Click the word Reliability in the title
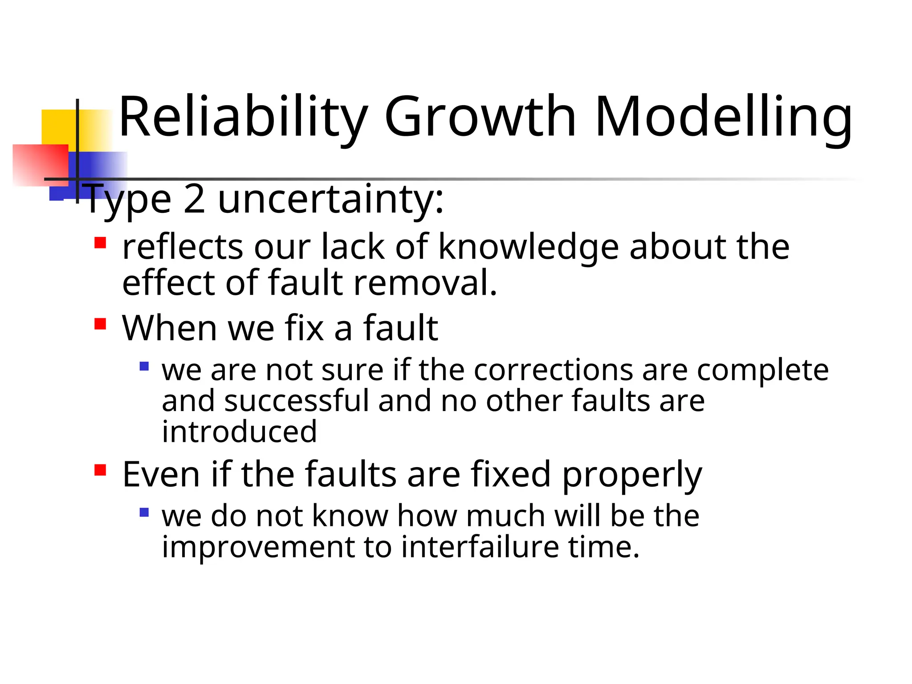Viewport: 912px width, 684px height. (x=243, y=117)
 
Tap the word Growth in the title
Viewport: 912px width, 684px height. (x=480, y=117)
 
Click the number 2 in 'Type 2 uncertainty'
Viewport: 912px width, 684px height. (x=194, y=199)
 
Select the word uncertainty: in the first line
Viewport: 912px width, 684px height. (x=330, y=199)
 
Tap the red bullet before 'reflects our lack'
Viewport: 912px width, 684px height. (x=100, y=243)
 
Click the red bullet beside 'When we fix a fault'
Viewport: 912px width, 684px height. (x=100, y=323)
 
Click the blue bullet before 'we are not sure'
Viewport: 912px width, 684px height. (x=144, y=366)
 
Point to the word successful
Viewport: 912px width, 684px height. (x=297, y=400)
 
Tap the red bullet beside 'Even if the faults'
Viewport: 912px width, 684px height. (x=100, y=470)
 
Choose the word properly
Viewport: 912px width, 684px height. (x=632, y=475)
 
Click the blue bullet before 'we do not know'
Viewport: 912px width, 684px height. (x=144, y=512)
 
